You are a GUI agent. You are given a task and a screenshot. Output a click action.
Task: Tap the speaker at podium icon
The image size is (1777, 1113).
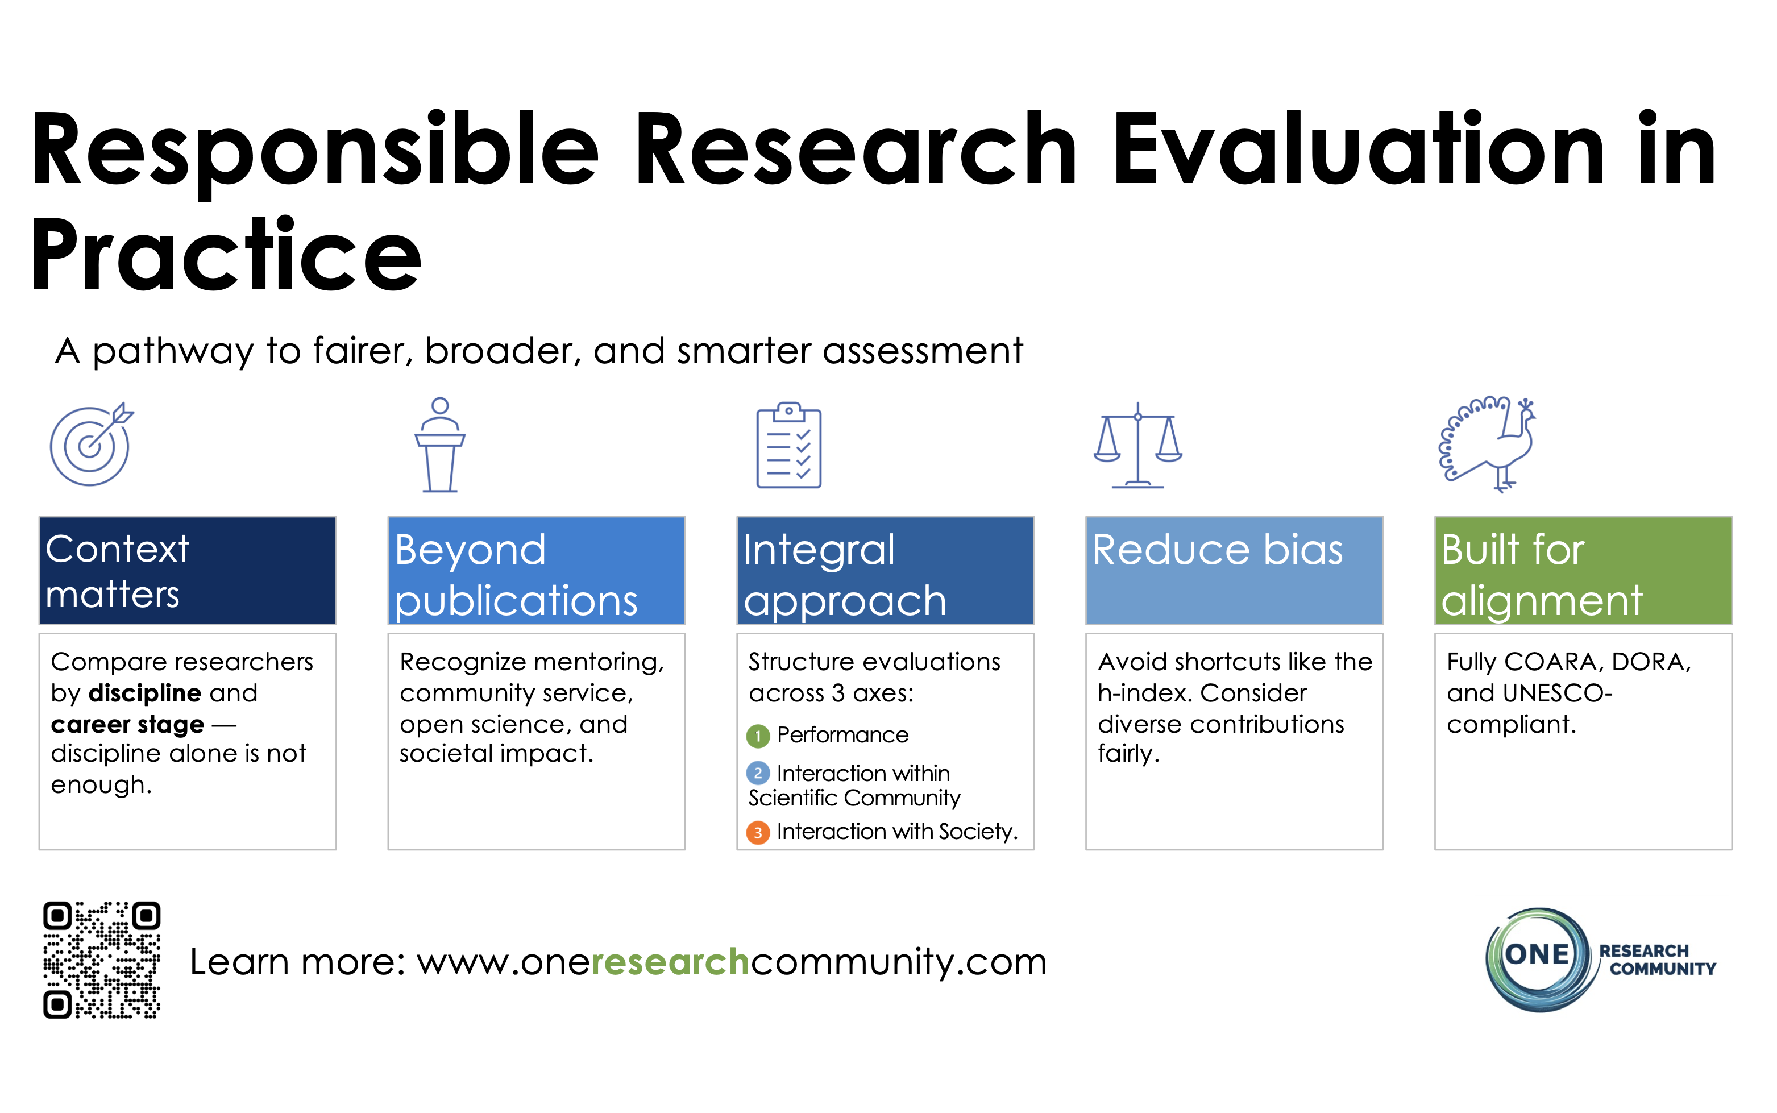(x=439, y=445)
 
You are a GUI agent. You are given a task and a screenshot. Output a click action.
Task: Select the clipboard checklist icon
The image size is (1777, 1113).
(x=788, y=445)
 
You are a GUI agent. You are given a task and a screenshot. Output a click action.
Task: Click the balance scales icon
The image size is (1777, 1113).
(x=1137, y=445)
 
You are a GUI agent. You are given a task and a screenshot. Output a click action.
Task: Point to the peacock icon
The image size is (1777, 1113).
(x=1487, y=445)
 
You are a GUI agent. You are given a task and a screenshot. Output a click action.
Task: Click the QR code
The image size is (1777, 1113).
(x=102, y=960)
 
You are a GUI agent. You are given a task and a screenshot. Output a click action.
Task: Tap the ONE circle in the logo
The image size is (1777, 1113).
(x=1537, y=956)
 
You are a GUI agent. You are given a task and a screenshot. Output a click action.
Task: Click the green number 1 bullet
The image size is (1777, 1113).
(x=757, y=736)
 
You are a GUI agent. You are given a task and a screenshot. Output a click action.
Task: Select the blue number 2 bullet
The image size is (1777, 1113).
(x=757, y=774)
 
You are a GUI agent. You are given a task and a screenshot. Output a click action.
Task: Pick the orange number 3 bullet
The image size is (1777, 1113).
(x=757, y=833)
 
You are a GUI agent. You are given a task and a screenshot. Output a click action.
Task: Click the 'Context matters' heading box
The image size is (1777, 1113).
(x=187, y=571)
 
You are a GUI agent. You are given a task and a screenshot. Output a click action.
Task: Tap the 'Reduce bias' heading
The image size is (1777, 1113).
(x=1218, y=551)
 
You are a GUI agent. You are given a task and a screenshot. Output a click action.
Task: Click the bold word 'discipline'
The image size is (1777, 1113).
(x=144, y=693)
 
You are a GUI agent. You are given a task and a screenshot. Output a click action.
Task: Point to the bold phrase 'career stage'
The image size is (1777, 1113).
(x=127, y=725)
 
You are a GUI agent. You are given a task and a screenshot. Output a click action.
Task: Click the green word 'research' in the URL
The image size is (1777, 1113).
(x=670, y=962)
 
